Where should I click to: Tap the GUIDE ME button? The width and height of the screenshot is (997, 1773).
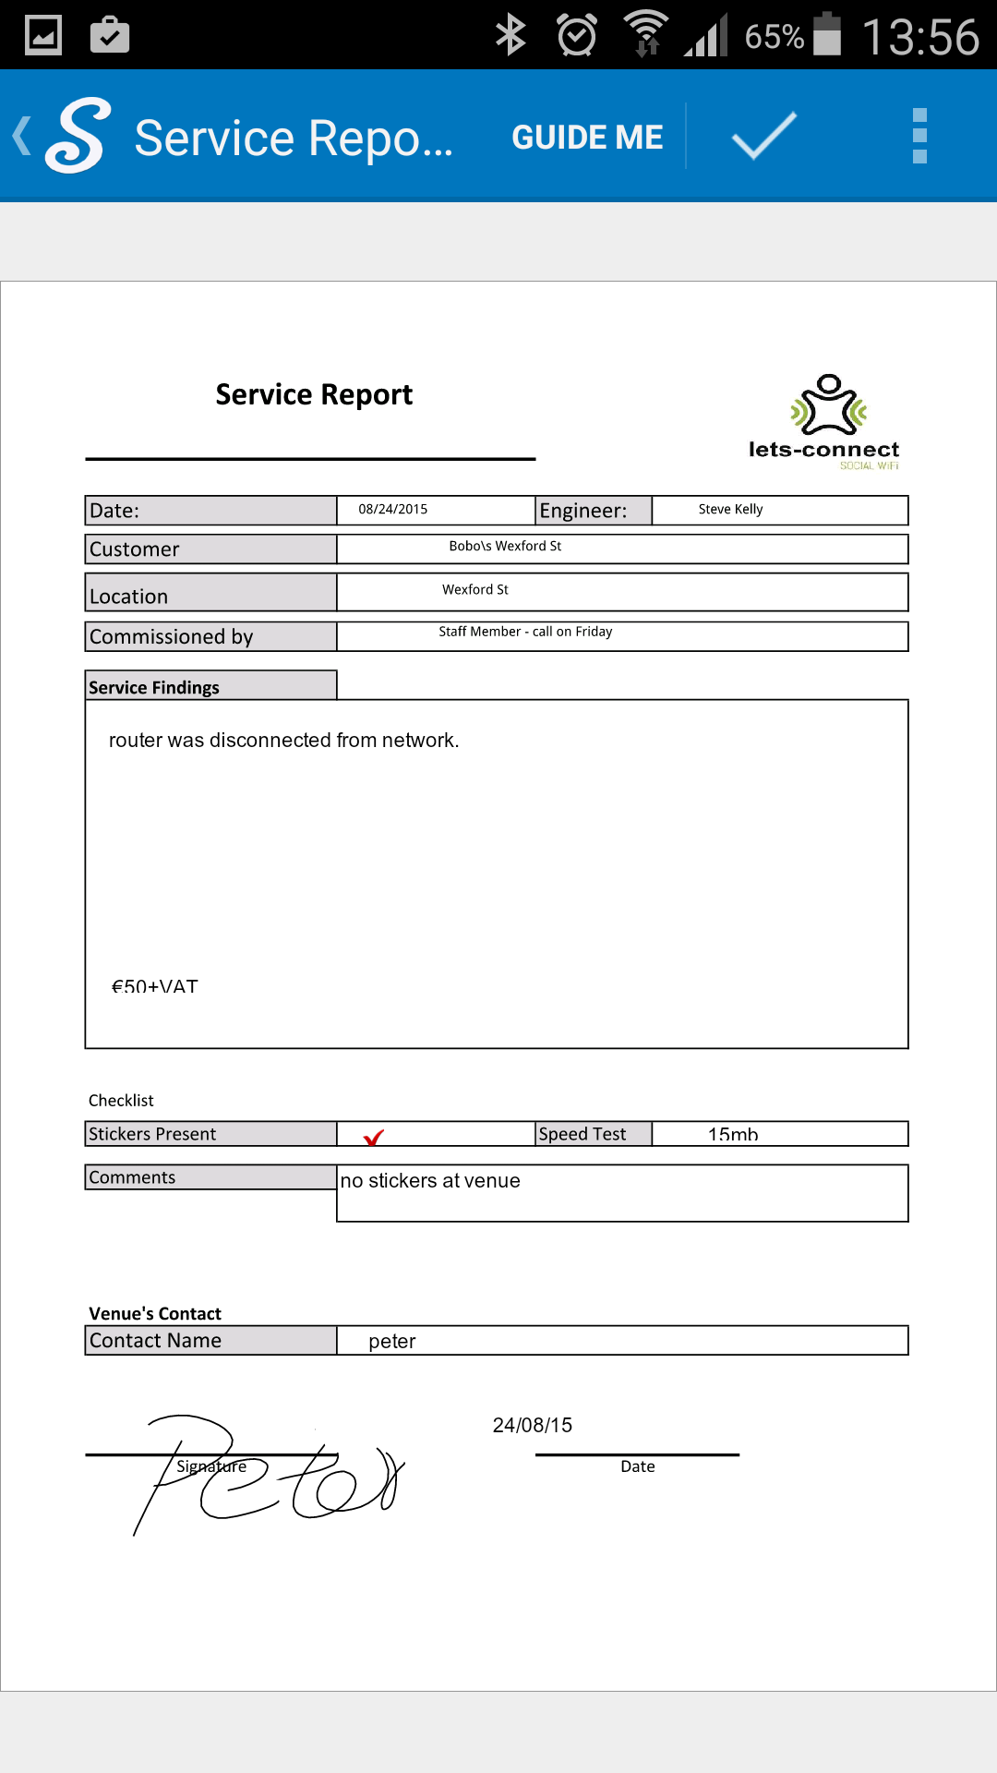pos(587,138)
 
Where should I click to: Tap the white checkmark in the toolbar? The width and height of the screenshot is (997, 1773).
pos(763,136)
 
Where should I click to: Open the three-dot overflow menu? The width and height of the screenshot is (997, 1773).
pos(919,136)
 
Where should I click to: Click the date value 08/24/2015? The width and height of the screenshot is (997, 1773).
pos(393,510)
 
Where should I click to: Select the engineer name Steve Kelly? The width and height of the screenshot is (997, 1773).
pos(730,510)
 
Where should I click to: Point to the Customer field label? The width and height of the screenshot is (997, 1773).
pos(135,549)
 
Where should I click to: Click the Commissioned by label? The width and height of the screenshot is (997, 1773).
pos(172,637)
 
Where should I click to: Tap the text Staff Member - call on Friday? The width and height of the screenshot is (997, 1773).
pos(525,632)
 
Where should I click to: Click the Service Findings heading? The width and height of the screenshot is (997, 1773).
pos(154,687)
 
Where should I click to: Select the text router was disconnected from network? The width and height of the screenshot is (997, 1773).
pos(283,741)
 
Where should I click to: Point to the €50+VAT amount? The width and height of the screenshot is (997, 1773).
pos(154,986)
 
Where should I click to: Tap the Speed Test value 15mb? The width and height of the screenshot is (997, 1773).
pos(733,1135)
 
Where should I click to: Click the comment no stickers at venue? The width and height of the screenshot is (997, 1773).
pos(430,1181)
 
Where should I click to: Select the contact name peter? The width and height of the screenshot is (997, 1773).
pos(392,1342)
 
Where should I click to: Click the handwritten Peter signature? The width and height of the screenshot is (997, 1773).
pos(268,1473)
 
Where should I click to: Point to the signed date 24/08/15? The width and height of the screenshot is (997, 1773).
pos(533,1425)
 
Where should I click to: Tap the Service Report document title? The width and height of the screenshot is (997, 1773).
pos(314,395)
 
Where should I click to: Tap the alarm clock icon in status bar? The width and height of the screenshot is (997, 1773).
pos(577,36)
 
